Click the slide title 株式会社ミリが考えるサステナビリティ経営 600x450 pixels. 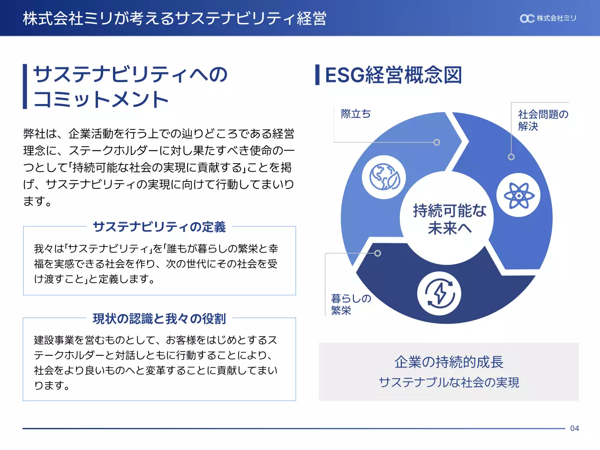click(x=174, y=18)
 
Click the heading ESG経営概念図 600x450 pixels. click(x=393, y=75)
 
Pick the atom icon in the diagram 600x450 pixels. click(x=518, y=195)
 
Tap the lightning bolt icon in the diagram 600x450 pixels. click(x=439, y=294)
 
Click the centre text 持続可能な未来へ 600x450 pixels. click(x=449, y=219)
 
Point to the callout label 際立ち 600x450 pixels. click(x=356, y=114)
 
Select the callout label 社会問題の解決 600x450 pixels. click(x=542, y=120)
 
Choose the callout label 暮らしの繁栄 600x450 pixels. click(x=351, y=304)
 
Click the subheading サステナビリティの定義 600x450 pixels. click(x=159, y=227)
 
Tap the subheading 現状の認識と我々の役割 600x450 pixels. click(x=159, y=319)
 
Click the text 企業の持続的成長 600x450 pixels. click(x=449, y=362)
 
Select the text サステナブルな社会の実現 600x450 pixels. click(x=449, y=382)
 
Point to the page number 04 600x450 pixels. click(x=575, y=428)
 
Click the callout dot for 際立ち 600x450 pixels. click(x=437, y=142)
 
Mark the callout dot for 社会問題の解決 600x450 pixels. click(x=511, y=157)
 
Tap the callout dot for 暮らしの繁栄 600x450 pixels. click(x=378, y=254)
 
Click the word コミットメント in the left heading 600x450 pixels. click(x=101, y=99)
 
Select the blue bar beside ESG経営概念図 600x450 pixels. click(x=317, y=75)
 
